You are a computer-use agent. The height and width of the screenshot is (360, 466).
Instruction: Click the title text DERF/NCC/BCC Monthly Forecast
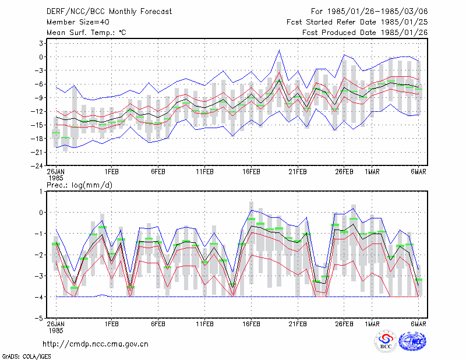point(109,12)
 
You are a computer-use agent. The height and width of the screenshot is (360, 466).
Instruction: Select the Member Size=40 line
point(78,22)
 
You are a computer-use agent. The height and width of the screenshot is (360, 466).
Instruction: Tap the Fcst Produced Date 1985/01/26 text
point(365,33)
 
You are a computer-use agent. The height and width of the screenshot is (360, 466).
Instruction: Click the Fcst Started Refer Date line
point(357,22)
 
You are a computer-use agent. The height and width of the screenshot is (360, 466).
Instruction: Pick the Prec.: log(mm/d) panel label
point(79,185)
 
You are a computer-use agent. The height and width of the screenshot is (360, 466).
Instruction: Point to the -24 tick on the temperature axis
point(37,165)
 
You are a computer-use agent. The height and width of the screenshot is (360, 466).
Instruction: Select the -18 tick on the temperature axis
point(37,139)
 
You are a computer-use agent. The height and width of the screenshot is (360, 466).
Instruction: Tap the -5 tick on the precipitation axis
point(39,318)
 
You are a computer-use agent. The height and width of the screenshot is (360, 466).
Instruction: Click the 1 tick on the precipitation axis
point(41,192)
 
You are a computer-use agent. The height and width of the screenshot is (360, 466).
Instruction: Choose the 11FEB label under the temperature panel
point(204,172)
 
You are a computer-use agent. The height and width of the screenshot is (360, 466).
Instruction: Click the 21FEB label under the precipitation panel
point(298,324)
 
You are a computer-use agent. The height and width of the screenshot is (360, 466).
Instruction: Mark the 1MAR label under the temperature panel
point(372,172)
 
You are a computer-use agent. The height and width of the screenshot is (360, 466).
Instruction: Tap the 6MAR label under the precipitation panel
point(418,324)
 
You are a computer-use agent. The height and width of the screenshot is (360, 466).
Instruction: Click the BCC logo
point(386,342)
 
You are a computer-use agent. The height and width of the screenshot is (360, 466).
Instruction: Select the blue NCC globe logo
point(412,341)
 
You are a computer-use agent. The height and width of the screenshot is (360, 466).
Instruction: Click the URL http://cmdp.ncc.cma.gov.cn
point(96,344)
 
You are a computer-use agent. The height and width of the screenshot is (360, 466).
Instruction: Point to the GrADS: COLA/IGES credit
point(26,357)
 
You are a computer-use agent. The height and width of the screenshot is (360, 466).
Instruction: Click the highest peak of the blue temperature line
point(280,50)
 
